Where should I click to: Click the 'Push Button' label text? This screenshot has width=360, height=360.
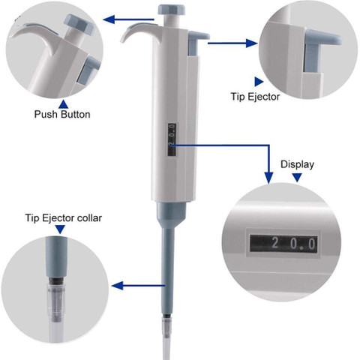click(62, 114)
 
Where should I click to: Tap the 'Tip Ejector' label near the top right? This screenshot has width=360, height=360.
click(255, 97)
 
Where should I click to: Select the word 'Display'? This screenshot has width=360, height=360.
click(297, 164)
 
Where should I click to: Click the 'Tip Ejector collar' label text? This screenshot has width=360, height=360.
click(64, 217)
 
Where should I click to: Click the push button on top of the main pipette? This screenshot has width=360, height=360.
click(172, 10)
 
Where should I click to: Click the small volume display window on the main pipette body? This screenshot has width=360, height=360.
click(172, 140)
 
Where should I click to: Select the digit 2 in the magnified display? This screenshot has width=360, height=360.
click(274, 243)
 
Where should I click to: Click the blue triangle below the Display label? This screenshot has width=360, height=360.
click(297, 177)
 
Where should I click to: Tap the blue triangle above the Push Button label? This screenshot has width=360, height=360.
click(64, 104)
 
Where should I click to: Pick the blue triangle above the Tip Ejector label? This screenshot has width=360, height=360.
click(258, 82)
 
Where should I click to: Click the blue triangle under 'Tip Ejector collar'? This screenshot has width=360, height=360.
click(60, 229)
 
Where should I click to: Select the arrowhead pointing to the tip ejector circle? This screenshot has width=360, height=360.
click(251, 43)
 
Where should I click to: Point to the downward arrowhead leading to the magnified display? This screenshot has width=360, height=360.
click(269, 177)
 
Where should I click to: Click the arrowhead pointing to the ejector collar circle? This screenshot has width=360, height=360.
click(117, 285)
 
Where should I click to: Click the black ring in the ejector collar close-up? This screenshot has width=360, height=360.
click(56, 280)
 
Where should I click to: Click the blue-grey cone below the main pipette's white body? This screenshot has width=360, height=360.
click(172, 214)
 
